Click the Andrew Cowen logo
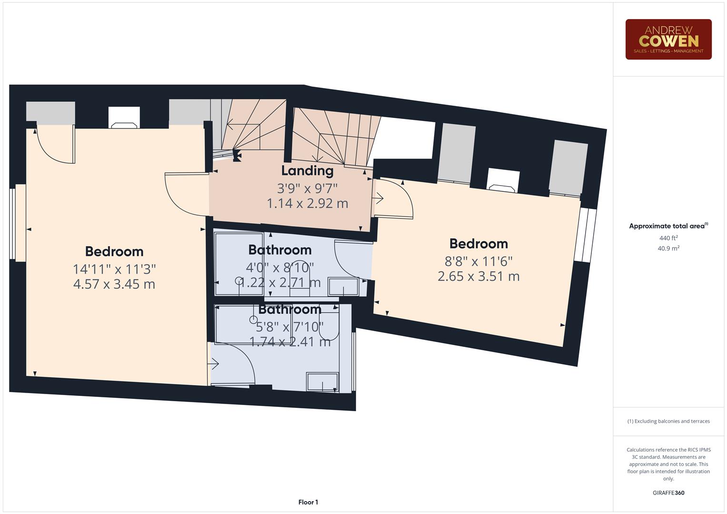click(x=668, y=40)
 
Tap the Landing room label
click(x=307, y=170)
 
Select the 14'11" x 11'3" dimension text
click(x=114, y=269)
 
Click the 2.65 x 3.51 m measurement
click(x=478, y=276)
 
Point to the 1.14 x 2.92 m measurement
click(x=307, y=203)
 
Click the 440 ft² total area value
click(x=668, y=238)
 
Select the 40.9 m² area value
click(x=668, y=248)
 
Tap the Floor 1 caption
click(x=308, y=502)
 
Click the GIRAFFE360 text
click(x=668, y=493)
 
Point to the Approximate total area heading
click(x=668, y=226)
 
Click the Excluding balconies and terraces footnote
click(x=668, y=421)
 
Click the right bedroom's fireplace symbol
click(x=502, y=187)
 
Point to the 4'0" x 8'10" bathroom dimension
click(x=279, y=267)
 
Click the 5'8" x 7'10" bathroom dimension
click(x=289, y=326)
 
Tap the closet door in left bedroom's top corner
click(x=55, y=143)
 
